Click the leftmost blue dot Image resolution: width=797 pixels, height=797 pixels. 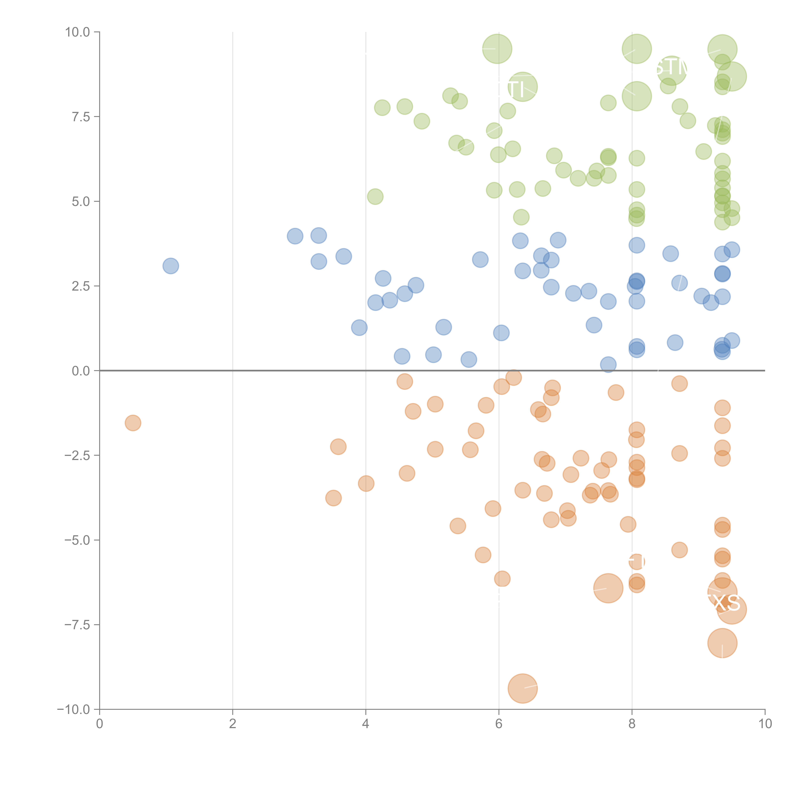point(170,266)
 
